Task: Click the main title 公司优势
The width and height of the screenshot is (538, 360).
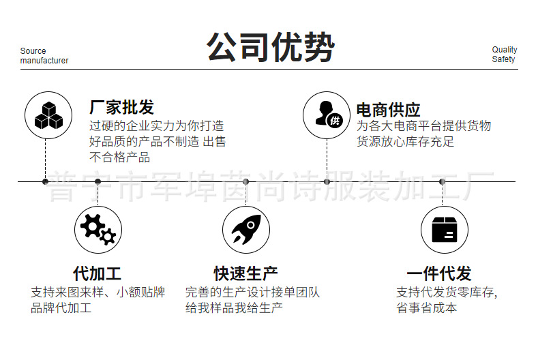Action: click(271, 47)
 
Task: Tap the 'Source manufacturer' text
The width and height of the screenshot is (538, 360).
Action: click(44, 55)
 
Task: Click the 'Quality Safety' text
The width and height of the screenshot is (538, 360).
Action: click(504, 55)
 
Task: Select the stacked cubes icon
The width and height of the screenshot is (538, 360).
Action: click(48, 115)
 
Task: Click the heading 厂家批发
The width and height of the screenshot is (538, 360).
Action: click(122, 107)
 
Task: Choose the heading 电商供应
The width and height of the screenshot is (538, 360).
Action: click(388, 109)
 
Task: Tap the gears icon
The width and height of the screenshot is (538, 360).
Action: click(98, 230)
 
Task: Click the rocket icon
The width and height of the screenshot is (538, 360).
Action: click(246, 230)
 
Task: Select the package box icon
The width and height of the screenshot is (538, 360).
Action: click(444, 230)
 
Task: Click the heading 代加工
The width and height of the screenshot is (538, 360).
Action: click(97, 274)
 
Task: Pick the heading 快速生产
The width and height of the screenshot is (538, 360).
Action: click(245, 274)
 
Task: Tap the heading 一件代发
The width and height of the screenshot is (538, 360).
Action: click(439, 274)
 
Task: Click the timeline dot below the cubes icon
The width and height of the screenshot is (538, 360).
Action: click(45, 181)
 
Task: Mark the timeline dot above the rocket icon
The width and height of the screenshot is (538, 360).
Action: click(246, 181)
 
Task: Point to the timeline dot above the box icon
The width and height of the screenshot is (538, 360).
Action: click(443, 181)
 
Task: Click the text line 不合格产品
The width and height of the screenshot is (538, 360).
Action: click(120, 157)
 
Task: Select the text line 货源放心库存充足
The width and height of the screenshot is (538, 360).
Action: click(405, 142)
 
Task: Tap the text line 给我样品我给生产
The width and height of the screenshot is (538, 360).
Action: click(234, 307)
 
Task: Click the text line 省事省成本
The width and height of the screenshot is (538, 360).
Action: click(427, 307)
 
